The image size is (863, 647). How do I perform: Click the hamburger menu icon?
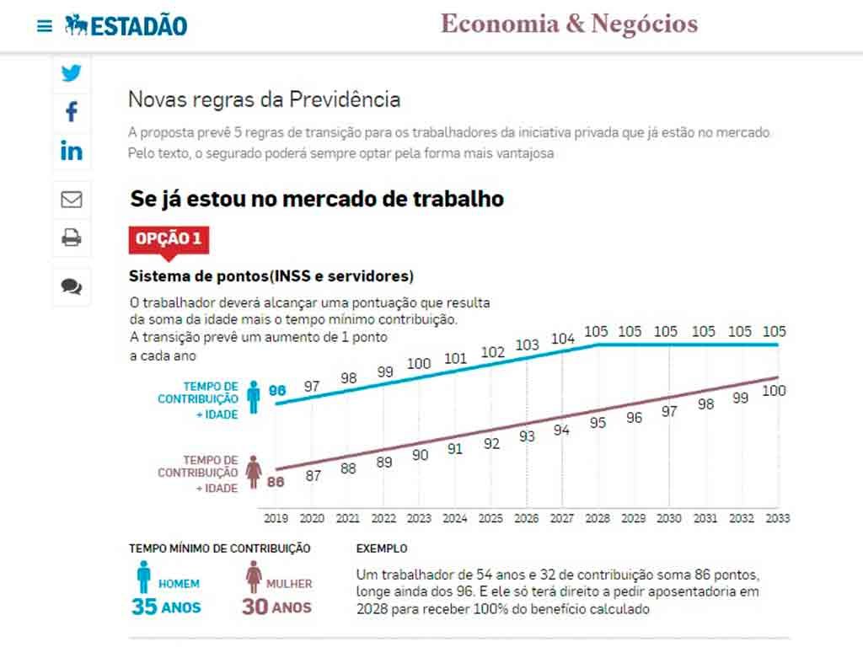[45, 26]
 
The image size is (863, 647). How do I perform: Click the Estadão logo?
[126, 25]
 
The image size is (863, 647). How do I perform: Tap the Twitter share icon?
[72, 73]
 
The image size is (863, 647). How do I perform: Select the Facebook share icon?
[72, 111]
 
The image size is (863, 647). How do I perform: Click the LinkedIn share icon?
[72, 151]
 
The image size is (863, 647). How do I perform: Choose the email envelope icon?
[72, 200]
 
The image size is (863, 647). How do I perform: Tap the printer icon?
[72, 238]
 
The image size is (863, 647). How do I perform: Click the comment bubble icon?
[72, 286]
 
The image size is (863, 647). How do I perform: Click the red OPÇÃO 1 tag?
[169, 239]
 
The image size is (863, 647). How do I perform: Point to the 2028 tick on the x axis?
[598, 518]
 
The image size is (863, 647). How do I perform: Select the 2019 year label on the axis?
[276, 518]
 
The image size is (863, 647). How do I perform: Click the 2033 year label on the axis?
[777, 518]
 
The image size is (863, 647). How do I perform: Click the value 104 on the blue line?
[563, 339]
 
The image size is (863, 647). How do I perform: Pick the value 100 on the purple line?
[774, 391]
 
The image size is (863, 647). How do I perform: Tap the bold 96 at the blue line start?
[277, 391]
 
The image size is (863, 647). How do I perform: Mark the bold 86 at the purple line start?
[276, 482]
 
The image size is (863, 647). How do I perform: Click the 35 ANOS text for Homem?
[166, 607]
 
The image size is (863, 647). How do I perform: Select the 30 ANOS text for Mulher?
[276, 607]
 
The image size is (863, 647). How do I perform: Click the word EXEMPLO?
[382, 548]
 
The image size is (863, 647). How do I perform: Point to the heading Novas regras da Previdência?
[264, 99]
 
